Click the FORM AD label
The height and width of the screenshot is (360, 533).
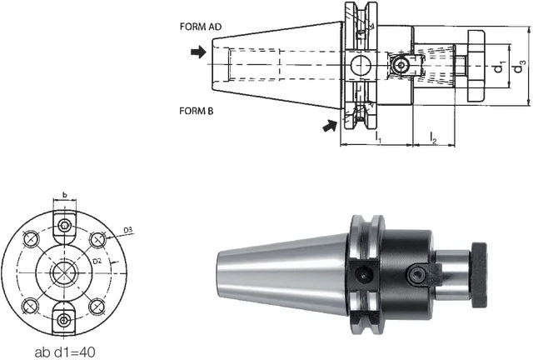201,27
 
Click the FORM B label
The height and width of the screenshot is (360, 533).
197,111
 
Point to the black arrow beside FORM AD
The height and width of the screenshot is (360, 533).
198,52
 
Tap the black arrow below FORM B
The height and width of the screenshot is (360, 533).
330,125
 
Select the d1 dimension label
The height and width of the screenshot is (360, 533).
499,67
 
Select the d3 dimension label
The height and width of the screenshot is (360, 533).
520,67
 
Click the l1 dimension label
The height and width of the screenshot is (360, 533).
378,137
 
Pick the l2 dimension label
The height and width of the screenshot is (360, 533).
433,137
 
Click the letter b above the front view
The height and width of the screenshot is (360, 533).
65,195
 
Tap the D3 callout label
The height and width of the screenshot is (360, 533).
127,230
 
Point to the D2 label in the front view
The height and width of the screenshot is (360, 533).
97,261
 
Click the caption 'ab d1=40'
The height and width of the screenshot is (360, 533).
65,352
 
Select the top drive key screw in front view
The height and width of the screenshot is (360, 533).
64,225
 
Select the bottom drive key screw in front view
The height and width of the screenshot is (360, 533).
64,320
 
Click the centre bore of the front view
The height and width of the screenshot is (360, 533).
64,272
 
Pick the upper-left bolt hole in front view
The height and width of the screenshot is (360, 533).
31,239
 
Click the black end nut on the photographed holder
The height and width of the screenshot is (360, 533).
480,275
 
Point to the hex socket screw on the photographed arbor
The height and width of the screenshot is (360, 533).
416,275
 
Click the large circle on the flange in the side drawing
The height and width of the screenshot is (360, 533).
361,65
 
